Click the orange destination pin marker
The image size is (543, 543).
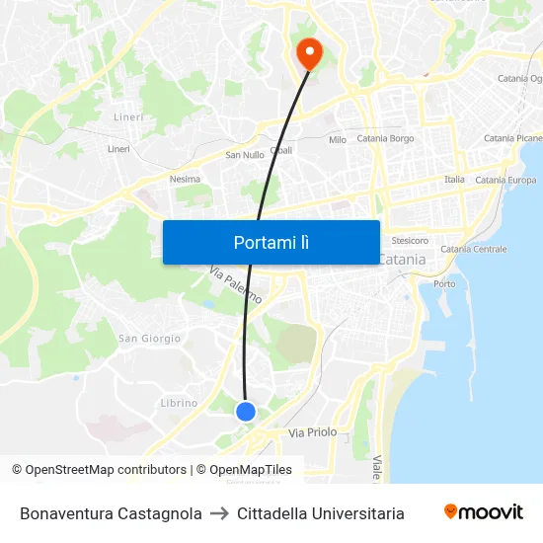point(309,52)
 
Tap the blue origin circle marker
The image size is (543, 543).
point(246,411)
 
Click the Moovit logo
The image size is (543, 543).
point(484,512)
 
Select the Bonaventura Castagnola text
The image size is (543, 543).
point(111,513)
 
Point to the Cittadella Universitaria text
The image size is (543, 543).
point(321,513)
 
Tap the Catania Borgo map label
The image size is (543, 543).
point(385,139)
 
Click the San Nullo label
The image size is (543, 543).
point(245,155)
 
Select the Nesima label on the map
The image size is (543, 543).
point(185,179)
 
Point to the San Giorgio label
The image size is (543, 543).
point(150,339)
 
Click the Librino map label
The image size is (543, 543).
point(179,403)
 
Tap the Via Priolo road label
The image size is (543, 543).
point(312,432)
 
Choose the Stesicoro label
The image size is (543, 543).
point(410,240)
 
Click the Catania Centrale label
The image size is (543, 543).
point(474,250)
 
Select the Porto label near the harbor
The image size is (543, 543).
point(444,284)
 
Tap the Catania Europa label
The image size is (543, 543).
point(505,180)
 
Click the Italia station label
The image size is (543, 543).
point(454,180)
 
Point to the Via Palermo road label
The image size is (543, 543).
point(235,284)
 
